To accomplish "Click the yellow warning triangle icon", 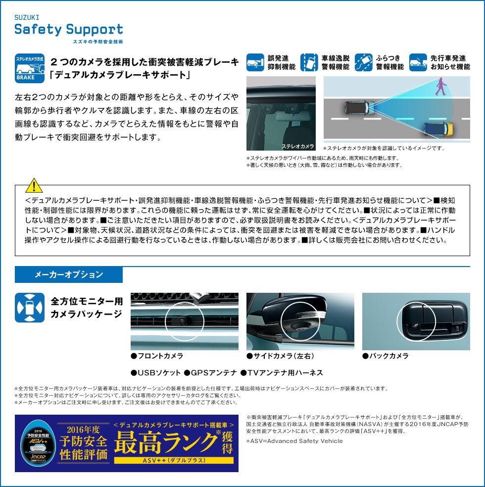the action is tap(34, 186).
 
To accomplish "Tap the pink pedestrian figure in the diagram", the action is tap(441, 87).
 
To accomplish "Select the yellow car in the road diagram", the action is tap(439, 129).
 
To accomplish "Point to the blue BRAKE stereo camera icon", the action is tap(30, 68).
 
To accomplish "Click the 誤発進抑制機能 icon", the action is tap(255, 62).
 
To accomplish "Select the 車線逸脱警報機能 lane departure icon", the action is tap(309, 62).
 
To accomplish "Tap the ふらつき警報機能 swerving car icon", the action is tap(363, 62).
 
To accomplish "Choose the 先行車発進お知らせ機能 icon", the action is tap(418, 62).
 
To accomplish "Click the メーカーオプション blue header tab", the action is tap(69, 274).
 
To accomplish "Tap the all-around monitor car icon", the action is tap(30, 308).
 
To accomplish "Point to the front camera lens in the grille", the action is tap(183, 320).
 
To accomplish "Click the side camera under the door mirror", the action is tap(300, 328).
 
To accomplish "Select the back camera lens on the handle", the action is tap(413, 325).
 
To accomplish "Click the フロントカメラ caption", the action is tap(157, 356).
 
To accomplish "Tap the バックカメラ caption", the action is tap(386, 356).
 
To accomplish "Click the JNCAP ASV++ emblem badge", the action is tap(38, 443).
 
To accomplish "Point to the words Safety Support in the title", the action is tap(69, 30).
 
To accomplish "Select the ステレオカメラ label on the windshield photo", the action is tap(297, 146).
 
